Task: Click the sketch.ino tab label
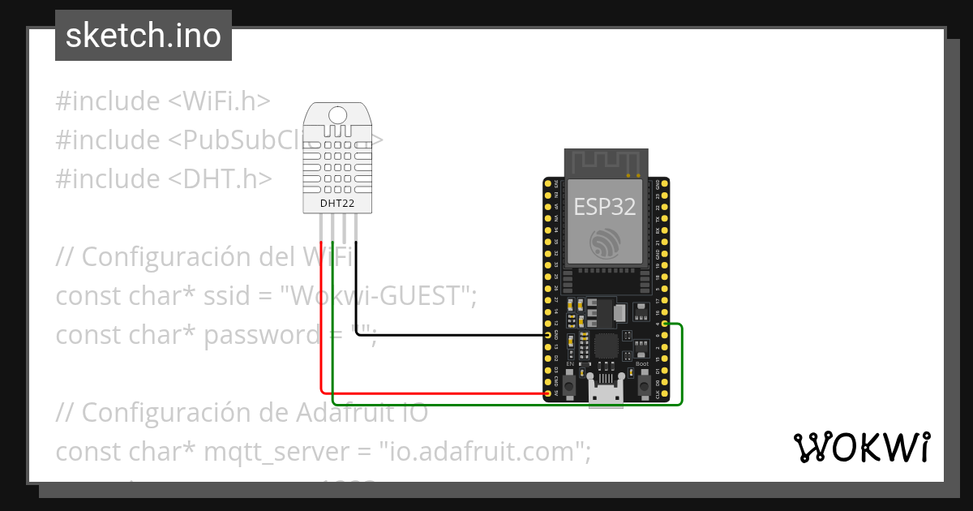click(x=144, y=36)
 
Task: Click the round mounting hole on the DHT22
click(x=340, y=116)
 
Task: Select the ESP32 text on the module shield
click(x=605, y=206)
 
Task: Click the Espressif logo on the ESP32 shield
click(x=606, y=243)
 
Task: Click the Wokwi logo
click(x=861, y=448)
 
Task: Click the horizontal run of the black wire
click(x=454, y=335)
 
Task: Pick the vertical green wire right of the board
click(x=682, y=365)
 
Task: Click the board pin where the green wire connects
click(x=665, y=324)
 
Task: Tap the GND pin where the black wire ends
click(x=549, y=335)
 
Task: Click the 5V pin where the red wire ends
click(x=549, y=393)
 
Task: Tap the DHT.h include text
click(x=219, y=178)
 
